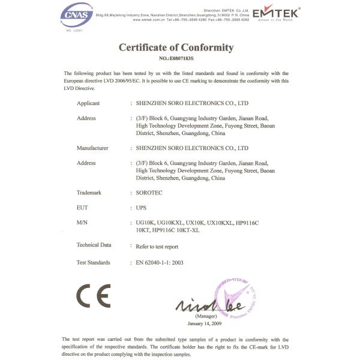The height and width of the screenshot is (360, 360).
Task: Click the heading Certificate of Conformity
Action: [x=176, y=48]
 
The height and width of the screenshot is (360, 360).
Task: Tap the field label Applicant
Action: [x=88, y=103]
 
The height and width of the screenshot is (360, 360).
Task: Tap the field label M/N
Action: [x=82, y=223]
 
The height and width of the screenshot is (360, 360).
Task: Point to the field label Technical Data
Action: [x=94, y=245]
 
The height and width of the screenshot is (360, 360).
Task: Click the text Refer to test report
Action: [x=157, y=245]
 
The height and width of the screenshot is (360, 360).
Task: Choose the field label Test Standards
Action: [x=94, y=262]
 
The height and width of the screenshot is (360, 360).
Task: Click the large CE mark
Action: [x=93, y=295]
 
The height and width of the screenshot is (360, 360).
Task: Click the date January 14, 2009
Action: [x=205, y=323]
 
